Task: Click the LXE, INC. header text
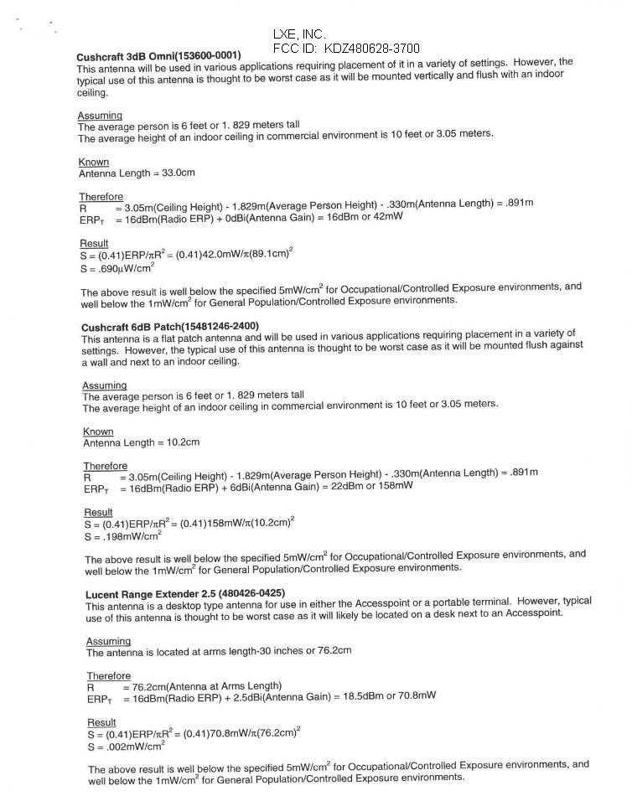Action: point(298,34)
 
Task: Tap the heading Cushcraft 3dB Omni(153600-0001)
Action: point(158,56)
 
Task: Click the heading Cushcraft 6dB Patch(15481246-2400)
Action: point(170,326)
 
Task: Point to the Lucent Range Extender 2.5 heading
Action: point(184,594)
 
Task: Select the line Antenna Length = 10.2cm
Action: point(141,442)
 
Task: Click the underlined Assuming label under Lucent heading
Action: point(108,642)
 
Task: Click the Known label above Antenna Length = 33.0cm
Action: point(94,162)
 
